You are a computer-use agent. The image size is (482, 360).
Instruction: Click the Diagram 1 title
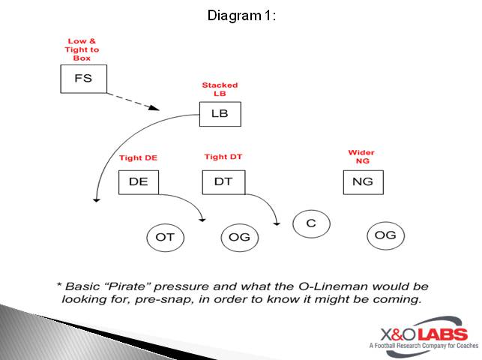coord(241,15)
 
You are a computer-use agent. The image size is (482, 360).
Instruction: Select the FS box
coord(83,79)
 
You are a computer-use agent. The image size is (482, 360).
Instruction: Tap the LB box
coord(220,114)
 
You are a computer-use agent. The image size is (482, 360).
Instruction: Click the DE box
coord(138,182)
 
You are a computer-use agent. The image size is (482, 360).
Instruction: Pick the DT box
coord(223,182)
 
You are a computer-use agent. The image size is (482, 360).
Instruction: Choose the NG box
coord(363,182)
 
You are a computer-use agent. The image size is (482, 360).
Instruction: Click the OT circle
coord(165,237)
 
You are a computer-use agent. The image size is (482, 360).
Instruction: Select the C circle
coord(311,223)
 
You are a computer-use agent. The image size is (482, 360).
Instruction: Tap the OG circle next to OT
coord(240,237)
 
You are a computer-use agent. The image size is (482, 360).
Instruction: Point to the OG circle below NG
coord(385,235)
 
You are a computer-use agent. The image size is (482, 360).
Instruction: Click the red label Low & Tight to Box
coord(82,49)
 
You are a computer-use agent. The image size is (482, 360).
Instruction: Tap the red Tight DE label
coord(138,157)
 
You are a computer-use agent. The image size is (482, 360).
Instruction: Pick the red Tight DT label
coord(223,157)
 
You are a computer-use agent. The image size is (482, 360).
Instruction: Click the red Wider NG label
coord(361,157)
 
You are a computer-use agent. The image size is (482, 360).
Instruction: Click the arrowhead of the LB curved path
coord(95,199)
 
